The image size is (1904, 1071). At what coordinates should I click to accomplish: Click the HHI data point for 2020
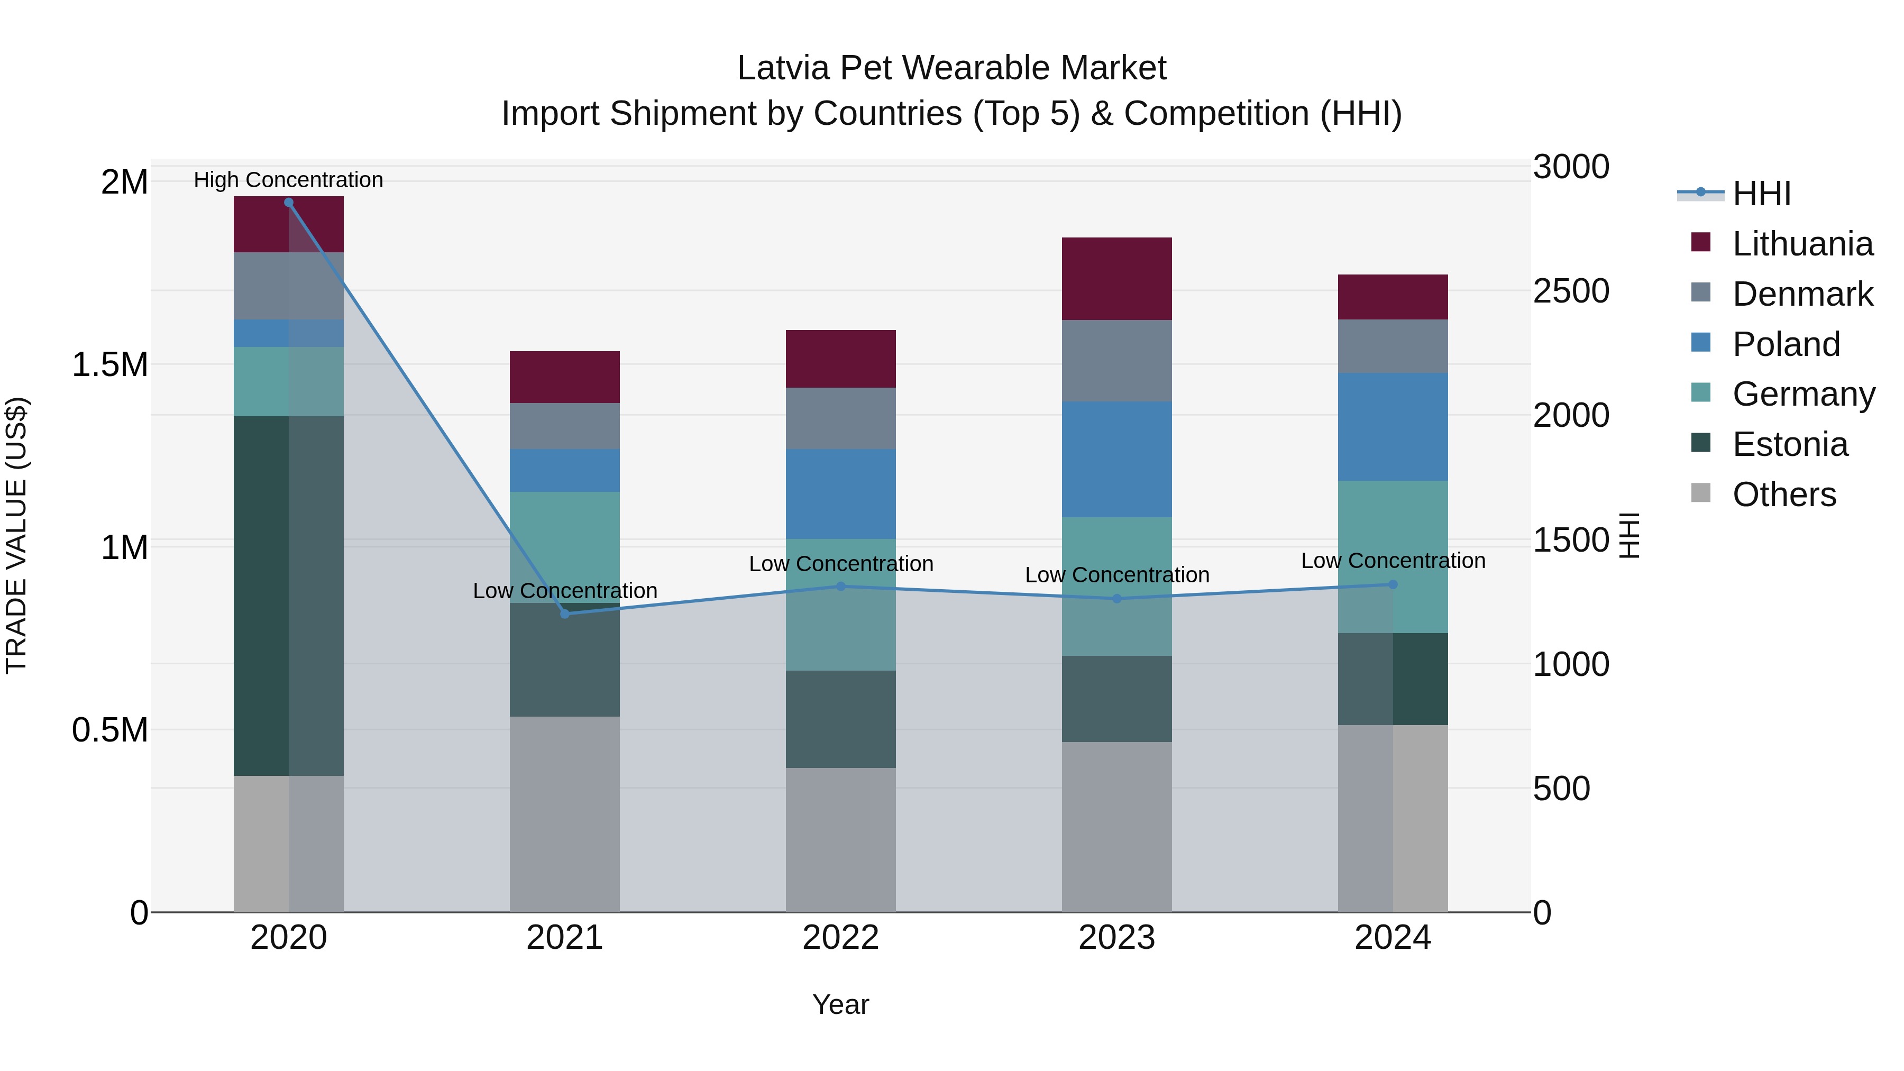pos(288,203)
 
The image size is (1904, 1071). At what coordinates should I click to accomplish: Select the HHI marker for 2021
pos(565,614)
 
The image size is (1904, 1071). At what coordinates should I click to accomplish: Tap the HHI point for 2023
pos(1117,599)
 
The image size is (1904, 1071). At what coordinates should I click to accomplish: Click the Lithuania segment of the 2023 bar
pos(1117,279)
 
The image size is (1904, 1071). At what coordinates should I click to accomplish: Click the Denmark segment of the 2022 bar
pos(840,418)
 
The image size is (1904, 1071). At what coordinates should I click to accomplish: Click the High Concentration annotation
pos(288,180)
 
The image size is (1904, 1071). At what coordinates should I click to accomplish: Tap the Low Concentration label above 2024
pos(1393,560)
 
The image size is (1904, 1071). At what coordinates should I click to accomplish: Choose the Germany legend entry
pos(1804,394)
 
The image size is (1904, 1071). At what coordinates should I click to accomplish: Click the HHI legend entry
pos(1761,194)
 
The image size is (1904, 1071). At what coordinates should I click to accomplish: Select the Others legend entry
pos(1783,495)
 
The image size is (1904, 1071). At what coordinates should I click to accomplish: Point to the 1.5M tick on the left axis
pos(109,364)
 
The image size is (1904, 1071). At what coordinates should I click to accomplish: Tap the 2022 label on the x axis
pos(840,938)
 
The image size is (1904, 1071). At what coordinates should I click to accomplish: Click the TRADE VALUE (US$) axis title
pos(16,535)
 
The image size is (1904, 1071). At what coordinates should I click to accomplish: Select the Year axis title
pos(840,1004)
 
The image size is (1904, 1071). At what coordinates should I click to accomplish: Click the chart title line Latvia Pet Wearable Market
pos(951,68)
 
